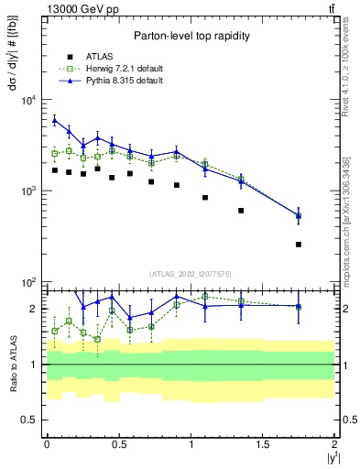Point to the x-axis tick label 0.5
point(118,443)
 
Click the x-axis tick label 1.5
point(263,443)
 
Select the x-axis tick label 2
point(334,443)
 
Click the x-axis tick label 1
point(191,443)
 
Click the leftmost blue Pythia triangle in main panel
point(55,120)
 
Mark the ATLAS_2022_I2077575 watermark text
point(191,274)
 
